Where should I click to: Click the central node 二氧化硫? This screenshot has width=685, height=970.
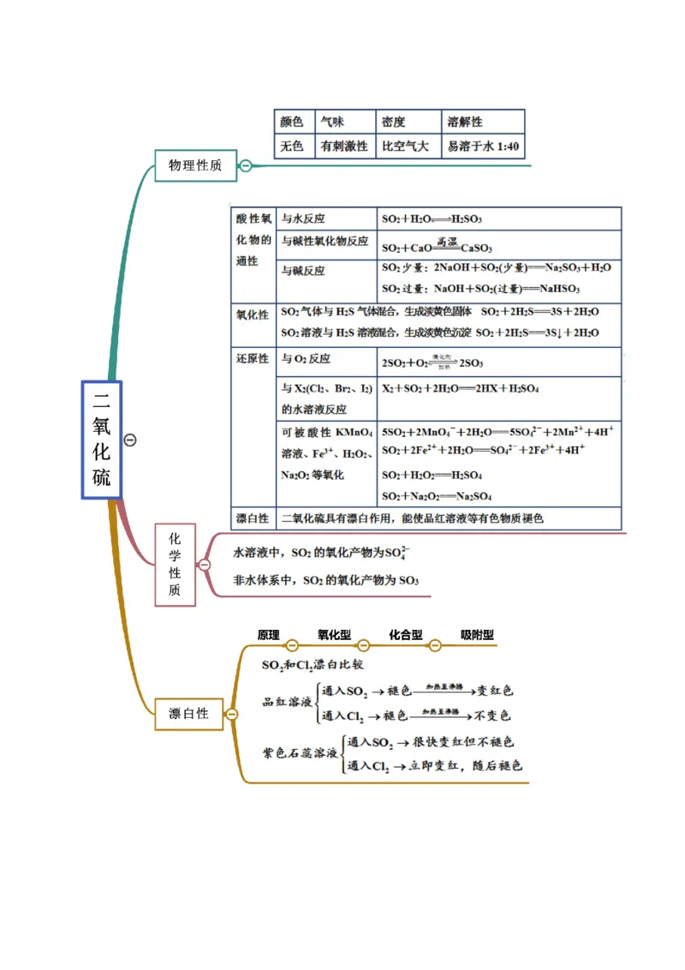coord(102,440)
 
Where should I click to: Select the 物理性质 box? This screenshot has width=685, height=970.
coord(195,165)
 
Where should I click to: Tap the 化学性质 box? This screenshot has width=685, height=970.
coord(175,565)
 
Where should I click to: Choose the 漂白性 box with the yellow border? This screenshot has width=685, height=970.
coord(188,714)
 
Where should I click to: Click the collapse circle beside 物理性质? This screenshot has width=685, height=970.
coord(245,165)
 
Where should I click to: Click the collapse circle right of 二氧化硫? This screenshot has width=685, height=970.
coord(130,440)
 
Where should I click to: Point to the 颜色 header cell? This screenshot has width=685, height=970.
coord(292,122)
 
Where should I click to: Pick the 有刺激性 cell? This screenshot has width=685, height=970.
coord(343,147)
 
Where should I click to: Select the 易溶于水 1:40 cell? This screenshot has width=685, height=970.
coord(482,147)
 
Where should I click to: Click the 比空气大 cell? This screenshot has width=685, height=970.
coord(406,147)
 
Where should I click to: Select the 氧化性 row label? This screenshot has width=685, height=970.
coord(253,315)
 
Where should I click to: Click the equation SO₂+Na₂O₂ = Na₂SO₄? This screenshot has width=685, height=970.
coord(430,496)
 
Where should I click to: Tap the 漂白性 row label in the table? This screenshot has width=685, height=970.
coord(253,518)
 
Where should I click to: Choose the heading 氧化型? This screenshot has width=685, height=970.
coord(334,635)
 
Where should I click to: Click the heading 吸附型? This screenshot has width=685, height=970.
coord(477,635)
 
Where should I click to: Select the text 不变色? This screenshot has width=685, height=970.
coord(493,716)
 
